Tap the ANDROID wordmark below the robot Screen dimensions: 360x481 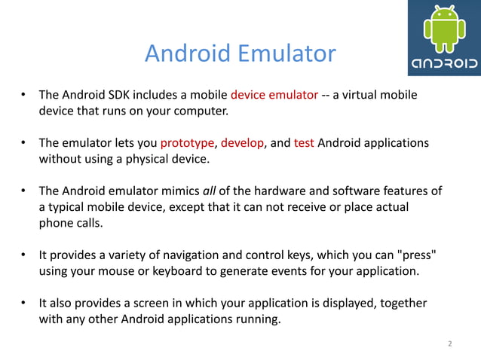click(445, 63)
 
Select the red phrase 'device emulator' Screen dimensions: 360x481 click(274, 96)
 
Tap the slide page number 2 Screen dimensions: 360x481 click(450, 344)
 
